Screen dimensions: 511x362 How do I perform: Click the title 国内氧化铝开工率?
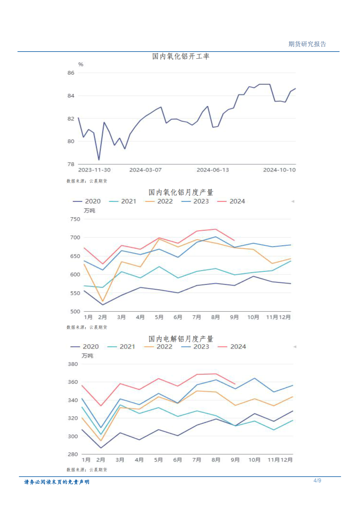(181, 56)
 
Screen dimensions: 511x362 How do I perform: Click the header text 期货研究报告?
(307, 44)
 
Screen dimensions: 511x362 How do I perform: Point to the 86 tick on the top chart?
(71, 73)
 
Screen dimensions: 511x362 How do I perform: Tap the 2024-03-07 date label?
(145, 170)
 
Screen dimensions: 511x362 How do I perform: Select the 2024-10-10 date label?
(279, 170)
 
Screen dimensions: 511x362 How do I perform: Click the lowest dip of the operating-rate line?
(99, 160)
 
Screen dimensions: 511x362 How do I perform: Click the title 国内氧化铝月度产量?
(181, 192)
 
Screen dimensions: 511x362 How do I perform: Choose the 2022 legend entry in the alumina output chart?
(159, 201)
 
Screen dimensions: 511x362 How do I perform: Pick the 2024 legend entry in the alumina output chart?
(231, 201)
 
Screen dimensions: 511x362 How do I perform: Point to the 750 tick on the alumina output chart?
(75, 219)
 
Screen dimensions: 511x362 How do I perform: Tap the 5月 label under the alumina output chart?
(159, 317)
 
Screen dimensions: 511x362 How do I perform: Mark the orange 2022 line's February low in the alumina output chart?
(103, 301)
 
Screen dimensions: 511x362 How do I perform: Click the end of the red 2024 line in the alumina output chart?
(234, 240)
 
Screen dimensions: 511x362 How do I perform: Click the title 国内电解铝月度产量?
(181, 339)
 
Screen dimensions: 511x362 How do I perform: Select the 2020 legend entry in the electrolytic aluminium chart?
(85, 347)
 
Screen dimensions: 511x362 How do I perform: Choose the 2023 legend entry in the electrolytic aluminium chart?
(195, 347)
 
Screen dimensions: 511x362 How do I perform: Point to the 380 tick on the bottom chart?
(73, 364)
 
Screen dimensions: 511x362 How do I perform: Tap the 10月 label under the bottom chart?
(254, 460)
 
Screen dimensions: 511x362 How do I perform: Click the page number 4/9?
(317, 481)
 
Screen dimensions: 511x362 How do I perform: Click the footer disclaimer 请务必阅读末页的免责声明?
(57, 482)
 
